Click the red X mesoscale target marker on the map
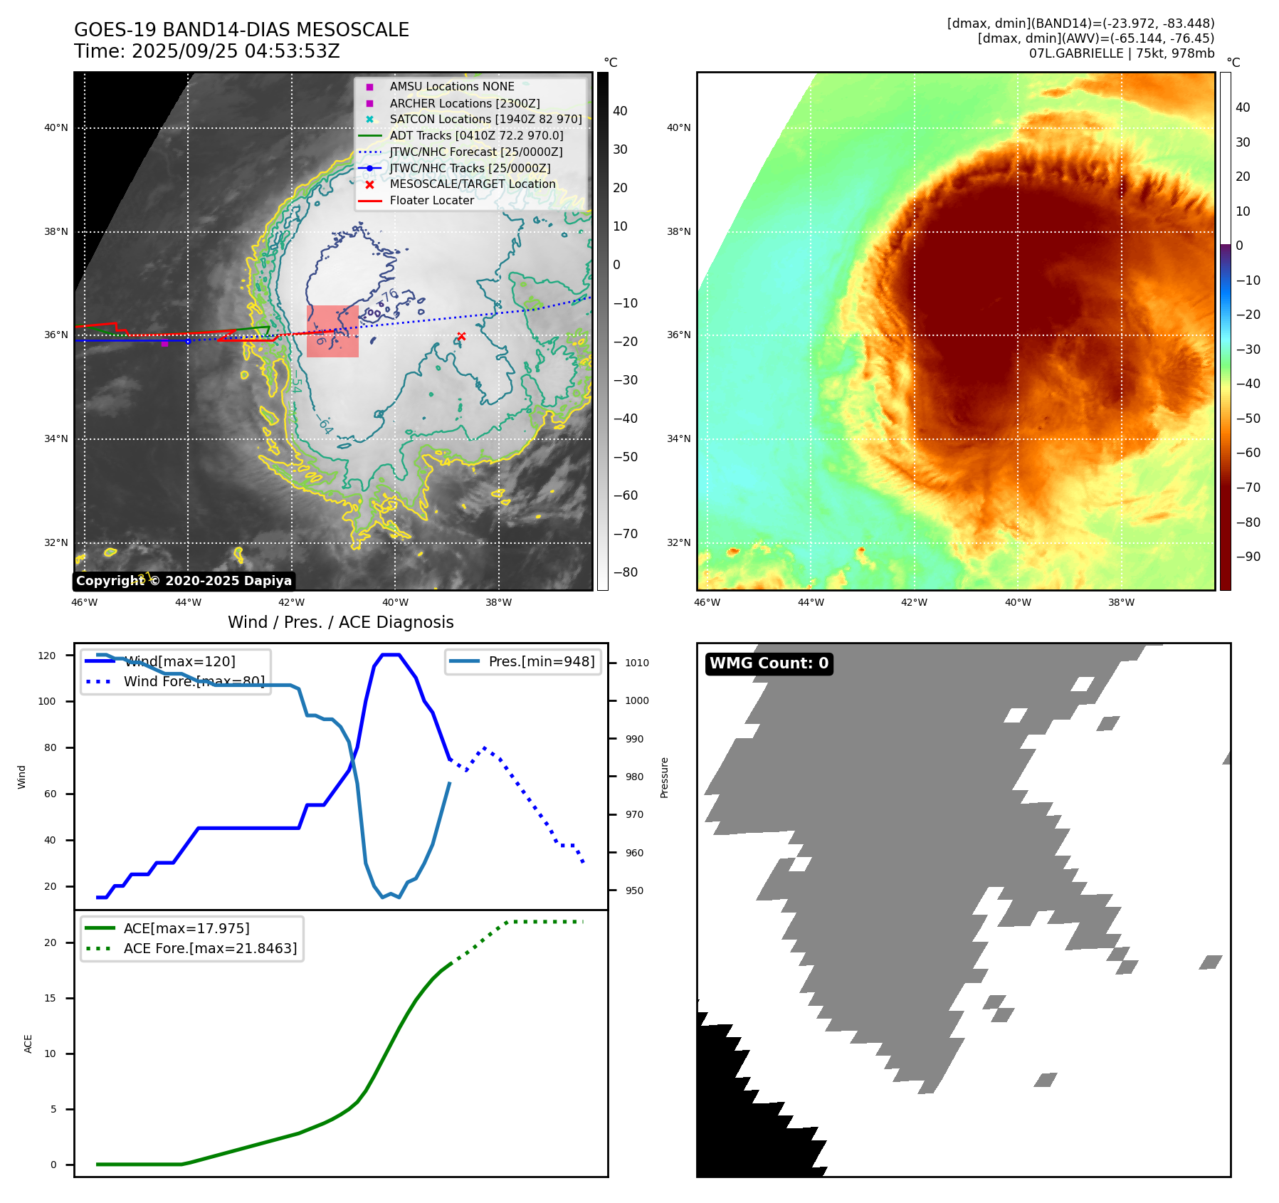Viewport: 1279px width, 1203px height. pyautogui.click(x=461, y=336)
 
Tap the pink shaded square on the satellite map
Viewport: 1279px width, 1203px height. pyautogui.click(x=332, y=331)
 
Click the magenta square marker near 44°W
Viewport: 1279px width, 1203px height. pyautogui.click(x=164, y=344)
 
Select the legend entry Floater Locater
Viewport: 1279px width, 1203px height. pyautogui.click(x=431, y=201)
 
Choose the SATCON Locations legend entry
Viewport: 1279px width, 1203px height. pyautogui.click(x=485, y=120)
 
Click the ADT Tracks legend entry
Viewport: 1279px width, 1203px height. pyautogui.click(x=476, y=135)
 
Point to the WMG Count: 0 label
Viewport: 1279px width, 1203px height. pyautogui.click(x=769, y=663)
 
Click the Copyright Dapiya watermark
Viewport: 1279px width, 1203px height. pyautogui.click(x=184, y=581)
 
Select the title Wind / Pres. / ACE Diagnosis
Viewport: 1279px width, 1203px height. pyautogui.click(x=340, y=622)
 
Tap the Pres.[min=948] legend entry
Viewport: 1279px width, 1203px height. pyautogui.click(x=541, y=661)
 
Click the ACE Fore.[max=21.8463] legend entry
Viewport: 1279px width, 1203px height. pyautogui.click(x=210, y=948)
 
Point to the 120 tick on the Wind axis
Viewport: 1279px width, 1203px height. pyautogui.click(x=47, y=656)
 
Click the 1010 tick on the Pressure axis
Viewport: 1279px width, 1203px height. pyautogui.click(x=637, y=663)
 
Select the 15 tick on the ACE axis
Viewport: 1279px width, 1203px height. pyautogui.click(x=50, y=998)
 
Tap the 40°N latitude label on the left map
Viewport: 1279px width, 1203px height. pyautogui.click(x=56, y=128)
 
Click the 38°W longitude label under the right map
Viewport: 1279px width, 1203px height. pyautogui.click(x=1121, y=602)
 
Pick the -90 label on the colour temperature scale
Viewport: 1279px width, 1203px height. pyautogui.click(x=1248, y=557)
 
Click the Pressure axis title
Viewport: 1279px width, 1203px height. pyautogui.click(x=664, y=777)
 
